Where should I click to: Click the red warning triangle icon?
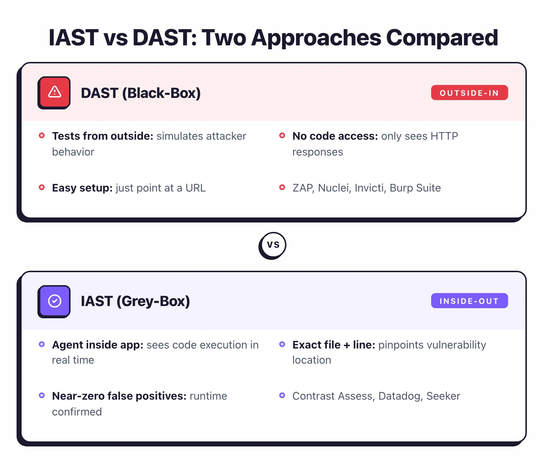[54, 92]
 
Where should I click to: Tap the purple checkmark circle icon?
[54, 301]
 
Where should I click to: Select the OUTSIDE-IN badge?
[469, 93]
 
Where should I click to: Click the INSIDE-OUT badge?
[469, 301]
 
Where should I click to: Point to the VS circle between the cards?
[273, 245]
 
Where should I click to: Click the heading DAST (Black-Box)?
[141, 93]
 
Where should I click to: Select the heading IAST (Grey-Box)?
[135, 301]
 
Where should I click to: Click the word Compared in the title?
[442, 38]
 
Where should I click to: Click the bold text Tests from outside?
[103, 136]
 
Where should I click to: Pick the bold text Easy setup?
[82, 188]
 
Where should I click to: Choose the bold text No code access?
[335, 136]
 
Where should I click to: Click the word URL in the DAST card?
[195, 188]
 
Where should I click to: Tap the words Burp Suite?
[415, 188]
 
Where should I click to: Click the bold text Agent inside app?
[98, 345]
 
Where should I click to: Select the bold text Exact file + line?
[334, 345]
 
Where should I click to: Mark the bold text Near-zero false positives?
[119, 396]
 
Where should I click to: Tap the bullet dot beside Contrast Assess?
[282, 396]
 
